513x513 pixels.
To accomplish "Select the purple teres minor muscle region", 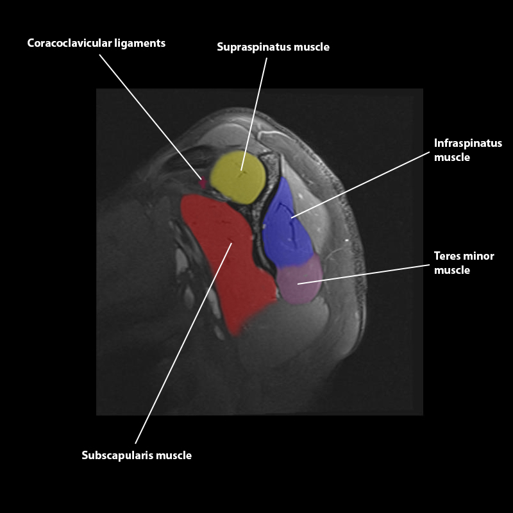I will [x=298, y=283].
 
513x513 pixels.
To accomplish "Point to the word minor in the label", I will [x=479, y=256].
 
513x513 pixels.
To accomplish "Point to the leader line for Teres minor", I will [x=362, y=273].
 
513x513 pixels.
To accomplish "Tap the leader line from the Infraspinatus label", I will [x=359, y=185].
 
